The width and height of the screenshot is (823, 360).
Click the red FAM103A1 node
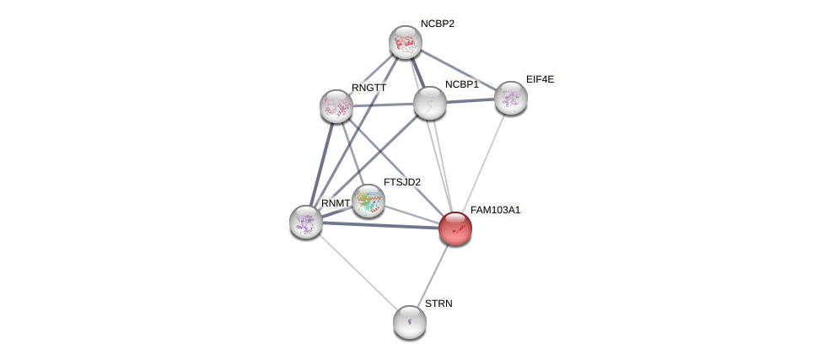coord(455,228)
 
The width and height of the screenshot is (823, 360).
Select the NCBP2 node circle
coord(406,42)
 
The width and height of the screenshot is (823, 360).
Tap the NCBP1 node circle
coord(430,103)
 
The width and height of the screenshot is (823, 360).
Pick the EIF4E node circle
coord(511,98)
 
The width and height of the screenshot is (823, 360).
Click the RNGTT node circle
coord(336,106)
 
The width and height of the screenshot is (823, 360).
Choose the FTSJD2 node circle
coord(368,201)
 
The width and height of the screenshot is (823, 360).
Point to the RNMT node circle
coord(306,222)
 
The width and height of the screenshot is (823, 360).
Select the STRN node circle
coord(410,321)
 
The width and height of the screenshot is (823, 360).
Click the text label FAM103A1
coord(495,210)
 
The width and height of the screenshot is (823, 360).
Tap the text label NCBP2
coord(437,24)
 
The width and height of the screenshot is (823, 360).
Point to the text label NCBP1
coord(461,84)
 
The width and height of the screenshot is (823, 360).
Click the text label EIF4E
coord(540,79)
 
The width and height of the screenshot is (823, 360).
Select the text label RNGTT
coord(368,88)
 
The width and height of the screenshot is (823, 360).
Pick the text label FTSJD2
coord(401,182)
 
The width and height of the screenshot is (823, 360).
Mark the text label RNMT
coord(335,203)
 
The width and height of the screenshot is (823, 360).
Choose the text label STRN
coord(438,304)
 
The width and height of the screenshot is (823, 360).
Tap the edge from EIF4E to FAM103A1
coord(483,163)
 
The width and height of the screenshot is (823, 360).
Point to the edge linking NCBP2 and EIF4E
coord(458,70)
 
